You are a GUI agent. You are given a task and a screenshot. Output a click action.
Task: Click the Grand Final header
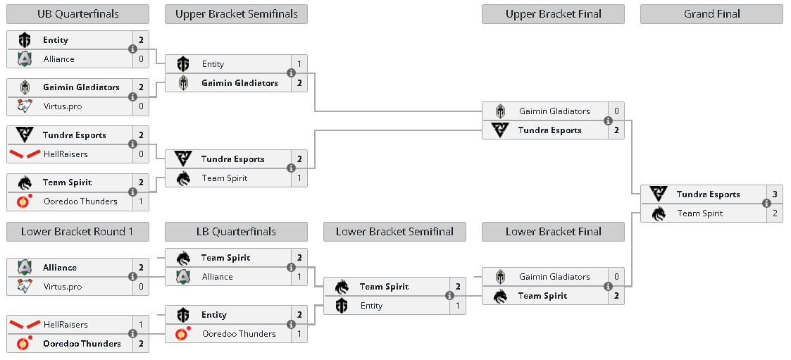(711, 14)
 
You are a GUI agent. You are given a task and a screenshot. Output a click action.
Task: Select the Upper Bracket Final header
(553, 14)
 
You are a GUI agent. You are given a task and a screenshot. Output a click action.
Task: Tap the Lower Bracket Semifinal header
(394, 232)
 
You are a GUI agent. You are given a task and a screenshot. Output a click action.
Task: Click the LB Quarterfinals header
(236, 232)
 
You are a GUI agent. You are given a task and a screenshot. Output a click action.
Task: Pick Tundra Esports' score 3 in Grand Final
(774, 194)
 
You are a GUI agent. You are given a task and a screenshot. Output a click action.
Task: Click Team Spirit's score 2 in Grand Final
(774, 213)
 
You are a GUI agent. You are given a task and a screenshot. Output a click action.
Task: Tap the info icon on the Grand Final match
(766, 204)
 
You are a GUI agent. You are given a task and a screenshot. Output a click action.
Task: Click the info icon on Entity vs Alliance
(132, 49)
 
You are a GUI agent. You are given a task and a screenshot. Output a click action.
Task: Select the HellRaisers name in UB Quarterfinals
(66, 154)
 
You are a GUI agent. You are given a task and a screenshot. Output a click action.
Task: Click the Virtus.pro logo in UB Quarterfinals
(24, 106)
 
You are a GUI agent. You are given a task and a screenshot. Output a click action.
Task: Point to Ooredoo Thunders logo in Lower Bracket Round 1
(24, 343)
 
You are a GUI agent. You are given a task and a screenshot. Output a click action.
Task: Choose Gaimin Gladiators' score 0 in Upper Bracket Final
(616, 111)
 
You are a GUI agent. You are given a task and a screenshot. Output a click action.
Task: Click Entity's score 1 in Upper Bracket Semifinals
(299, 64)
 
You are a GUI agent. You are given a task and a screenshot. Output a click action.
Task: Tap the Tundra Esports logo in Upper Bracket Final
(499, 130)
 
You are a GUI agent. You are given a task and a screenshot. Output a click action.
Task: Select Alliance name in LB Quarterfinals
(218, 277)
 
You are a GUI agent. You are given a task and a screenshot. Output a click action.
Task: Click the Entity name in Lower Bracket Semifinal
(371, 306)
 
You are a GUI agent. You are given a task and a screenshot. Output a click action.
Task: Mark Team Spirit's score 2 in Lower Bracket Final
(616, 296)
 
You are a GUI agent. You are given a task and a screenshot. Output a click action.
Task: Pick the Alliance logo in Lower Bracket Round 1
(24, 267)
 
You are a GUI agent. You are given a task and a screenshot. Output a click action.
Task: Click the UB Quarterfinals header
(77, 14)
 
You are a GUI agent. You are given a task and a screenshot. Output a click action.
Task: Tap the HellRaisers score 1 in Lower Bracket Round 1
(141, 325)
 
